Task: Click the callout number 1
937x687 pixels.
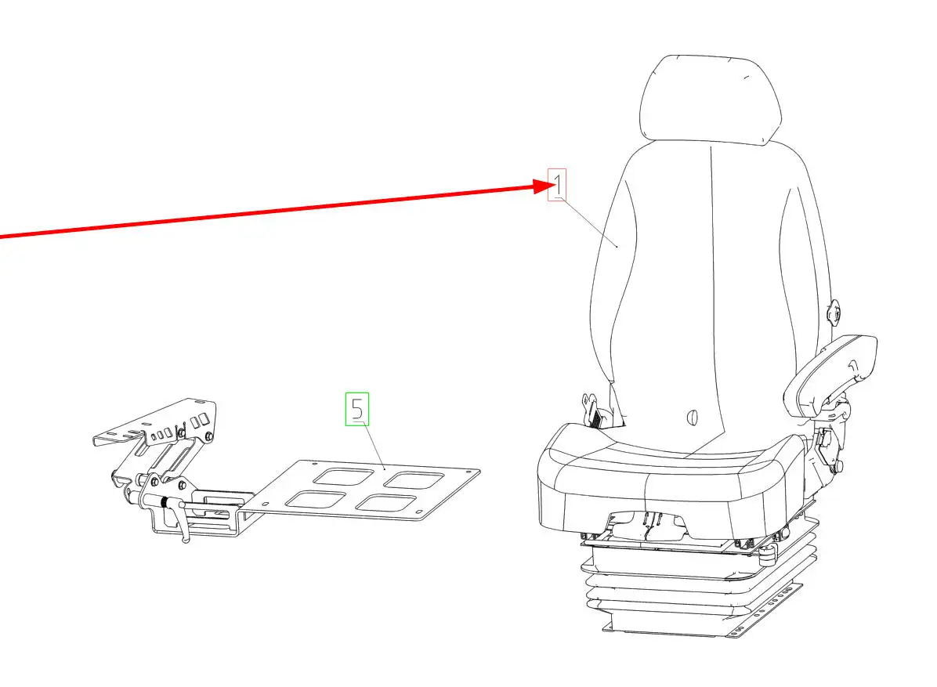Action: tap(558, 185)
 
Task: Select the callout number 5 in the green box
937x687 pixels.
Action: tap(357, 409)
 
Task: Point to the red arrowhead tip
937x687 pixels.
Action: tap(556, 186)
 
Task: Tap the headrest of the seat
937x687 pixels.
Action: tap(711, 99)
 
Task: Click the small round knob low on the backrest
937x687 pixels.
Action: tap(693, 417)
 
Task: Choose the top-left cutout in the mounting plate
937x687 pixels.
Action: tap(336, 476)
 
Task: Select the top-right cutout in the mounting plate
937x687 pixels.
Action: tap(414, 479)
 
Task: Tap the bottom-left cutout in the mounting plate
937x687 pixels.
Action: tap(315, 500)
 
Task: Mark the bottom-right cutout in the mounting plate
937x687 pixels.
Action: tap(386, 503)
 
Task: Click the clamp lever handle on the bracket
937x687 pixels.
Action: tap(181, 520)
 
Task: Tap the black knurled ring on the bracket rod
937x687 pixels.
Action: tap(163, 503)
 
